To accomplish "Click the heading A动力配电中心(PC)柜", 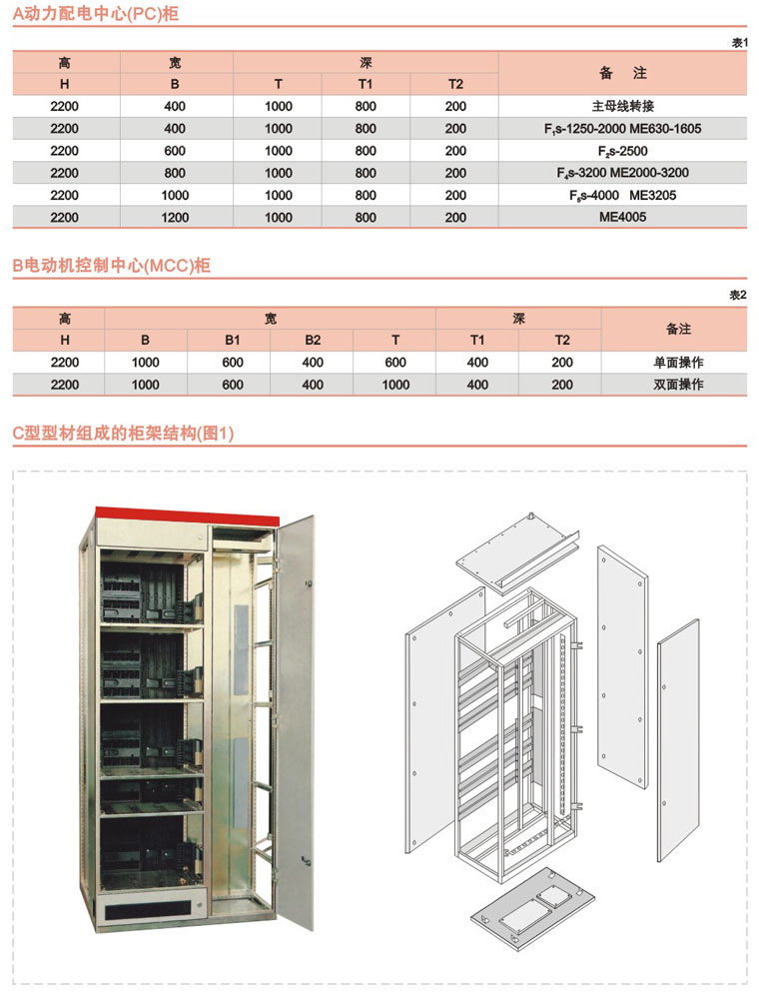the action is [96, 13].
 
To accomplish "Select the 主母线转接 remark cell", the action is [623, 107].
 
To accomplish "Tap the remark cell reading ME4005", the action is [623, 217].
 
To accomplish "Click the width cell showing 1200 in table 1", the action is [175, 217].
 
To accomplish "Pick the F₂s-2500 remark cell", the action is [623, 151].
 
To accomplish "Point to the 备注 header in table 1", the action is [623, 73].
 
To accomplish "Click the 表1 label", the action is [739, 43].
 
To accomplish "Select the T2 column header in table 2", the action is [562, 341].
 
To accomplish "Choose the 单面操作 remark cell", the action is [678, 363].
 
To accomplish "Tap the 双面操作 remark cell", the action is [678, 385].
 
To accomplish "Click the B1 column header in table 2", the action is [233, 341].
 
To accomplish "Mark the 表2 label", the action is [738, 295].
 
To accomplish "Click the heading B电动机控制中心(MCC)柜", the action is [112, 265].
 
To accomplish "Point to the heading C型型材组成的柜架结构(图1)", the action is [124, 434].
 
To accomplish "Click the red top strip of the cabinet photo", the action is [187, 515].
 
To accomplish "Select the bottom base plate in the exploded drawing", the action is [532, 908].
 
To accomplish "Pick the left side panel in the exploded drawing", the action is [445, 720].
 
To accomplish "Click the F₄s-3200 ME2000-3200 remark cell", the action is [623, 173].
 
